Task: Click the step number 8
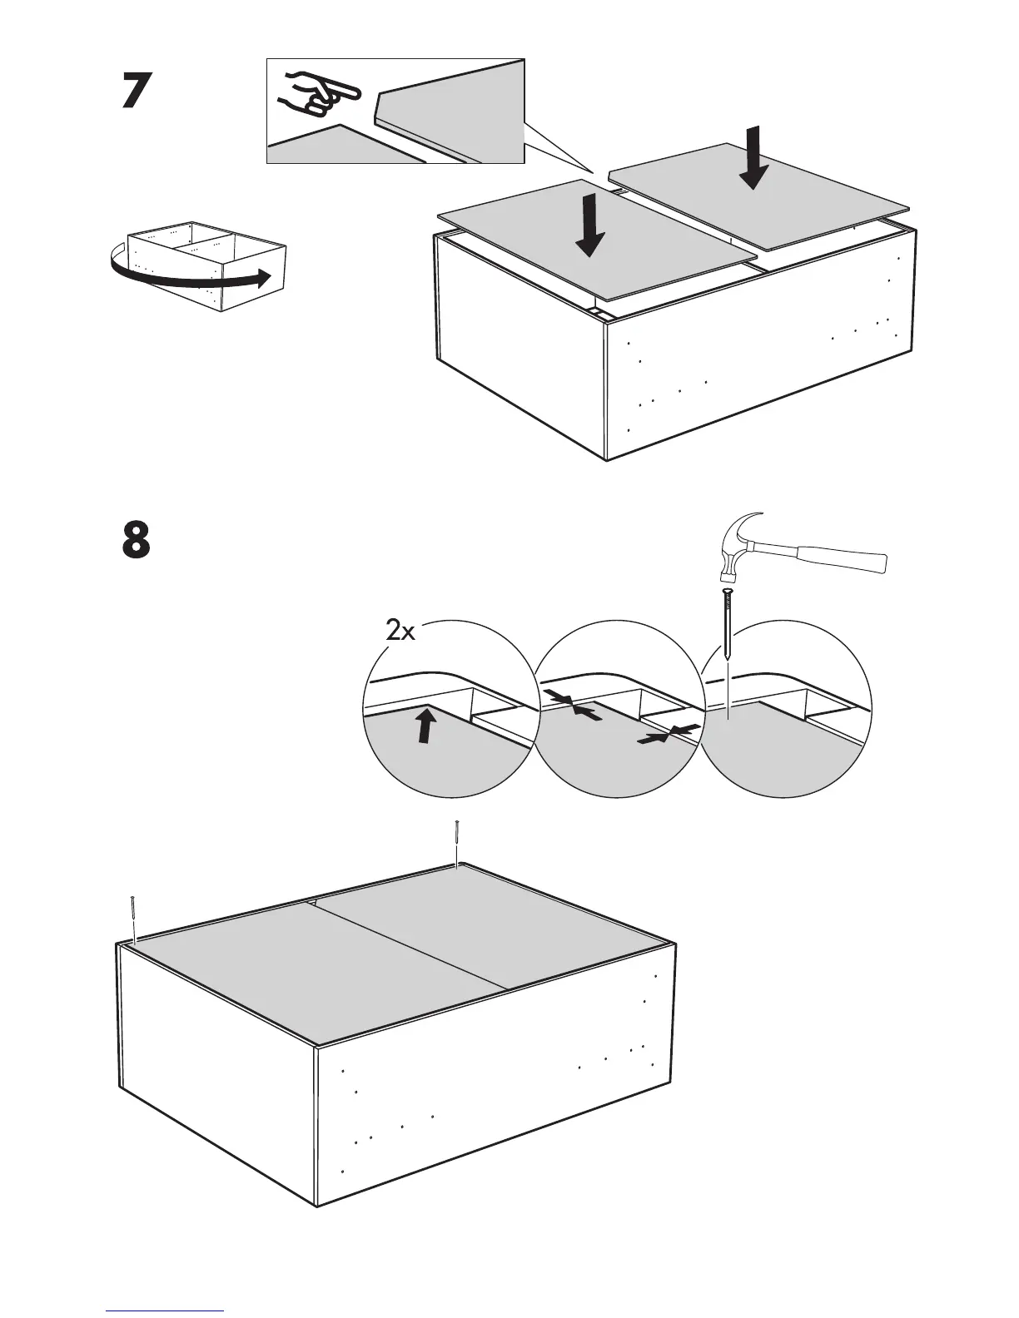pos(137,540)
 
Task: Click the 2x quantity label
pos(400,632)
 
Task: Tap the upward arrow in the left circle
pos(426,723)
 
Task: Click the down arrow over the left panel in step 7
pos(590,225)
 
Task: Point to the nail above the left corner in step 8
pos(132,919)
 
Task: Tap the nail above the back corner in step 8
pos(457,842)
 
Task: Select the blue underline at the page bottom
pos(165,1311)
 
